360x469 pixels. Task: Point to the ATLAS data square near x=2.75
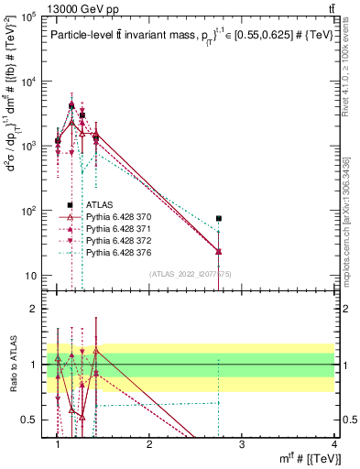point(219,219)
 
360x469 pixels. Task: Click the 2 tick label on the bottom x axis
point(149,444)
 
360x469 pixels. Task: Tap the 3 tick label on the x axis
point(242,444)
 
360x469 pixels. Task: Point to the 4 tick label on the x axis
point(333,444)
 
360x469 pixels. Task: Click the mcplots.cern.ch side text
point(350,220)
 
